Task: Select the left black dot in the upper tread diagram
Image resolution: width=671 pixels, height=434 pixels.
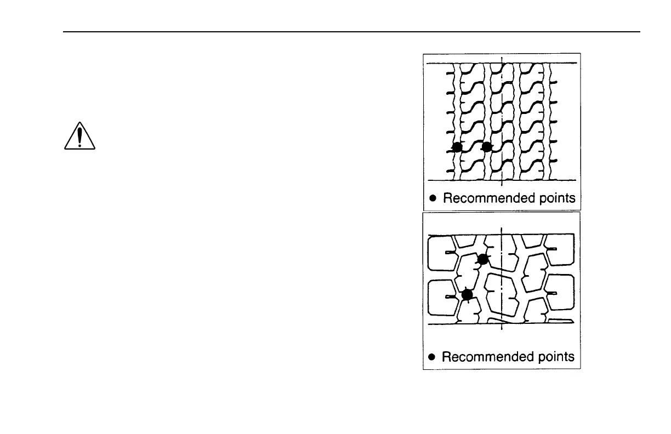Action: (457, 146)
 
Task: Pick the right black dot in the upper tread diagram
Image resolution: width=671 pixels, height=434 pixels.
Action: (486, 146)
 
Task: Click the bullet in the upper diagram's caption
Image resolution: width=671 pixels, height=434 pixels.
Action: (433, 198)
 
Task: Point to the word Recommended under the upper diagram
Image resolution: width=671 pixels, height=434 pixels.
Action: (482, 198)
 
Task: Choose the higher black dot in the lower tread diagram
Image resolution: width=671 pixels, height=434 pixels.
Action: (482, 259)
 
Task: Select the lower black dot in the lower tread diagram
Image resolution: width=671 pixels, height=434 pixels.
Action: (467, 295)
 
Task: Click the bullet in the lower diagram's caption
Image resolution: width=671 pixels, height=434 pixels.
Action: (432, 357)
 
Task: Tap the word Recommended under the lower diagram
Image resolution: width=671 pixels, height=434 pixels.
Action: (481, 357)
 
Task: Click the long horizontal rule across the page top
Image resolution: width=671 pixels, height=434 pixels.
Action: (351, 32)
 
